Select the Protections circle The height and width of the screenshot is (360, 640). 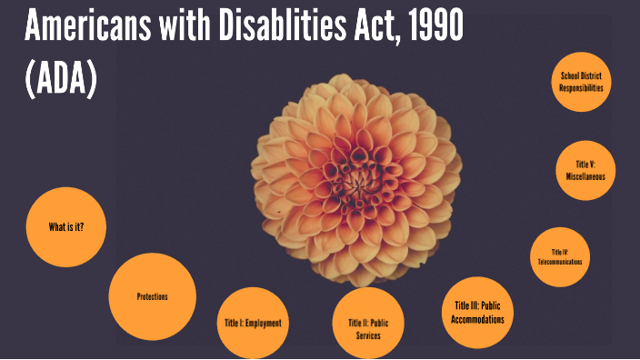153,297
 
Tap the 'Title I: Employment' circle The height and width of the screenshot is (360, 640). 253,323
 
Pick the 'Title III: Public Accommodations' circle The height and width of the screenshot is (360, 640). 477,312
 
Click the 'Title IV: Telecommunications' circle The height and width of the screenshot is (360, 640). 559,256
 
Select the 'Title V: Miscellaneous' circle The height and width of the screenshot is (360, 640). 585,170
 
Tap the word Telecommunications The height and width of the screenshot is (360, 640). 559,262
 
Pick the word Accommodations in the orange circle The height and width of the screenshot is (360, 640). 477,319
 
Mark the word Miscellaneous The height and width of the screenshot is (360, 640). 585,176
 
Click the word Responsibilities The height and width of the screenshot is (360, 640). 582,89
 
